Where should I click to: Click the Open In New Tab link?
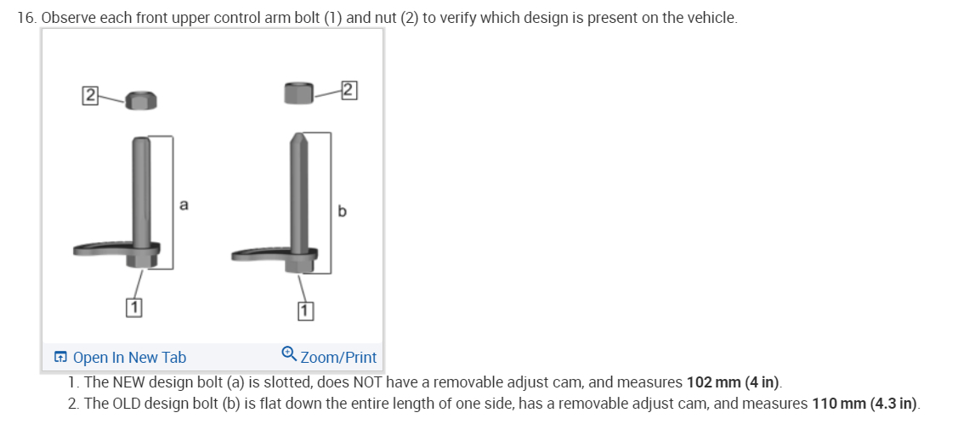[129, 358]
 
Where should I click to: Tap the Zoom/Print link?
[338, 358]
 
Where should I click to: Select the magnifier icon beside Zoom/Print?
[288, 353]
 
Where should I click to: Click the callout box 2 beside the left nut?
[90, 96]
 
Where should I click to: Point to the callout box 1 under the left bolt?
[133, 307]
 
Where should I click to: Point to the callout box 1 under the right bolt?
[304, 311]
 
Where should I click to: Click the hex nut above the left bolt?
[141, 100]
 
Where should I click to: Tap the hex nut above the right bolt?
[298, 93]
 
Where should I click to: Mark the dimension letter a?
[184, 204]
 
